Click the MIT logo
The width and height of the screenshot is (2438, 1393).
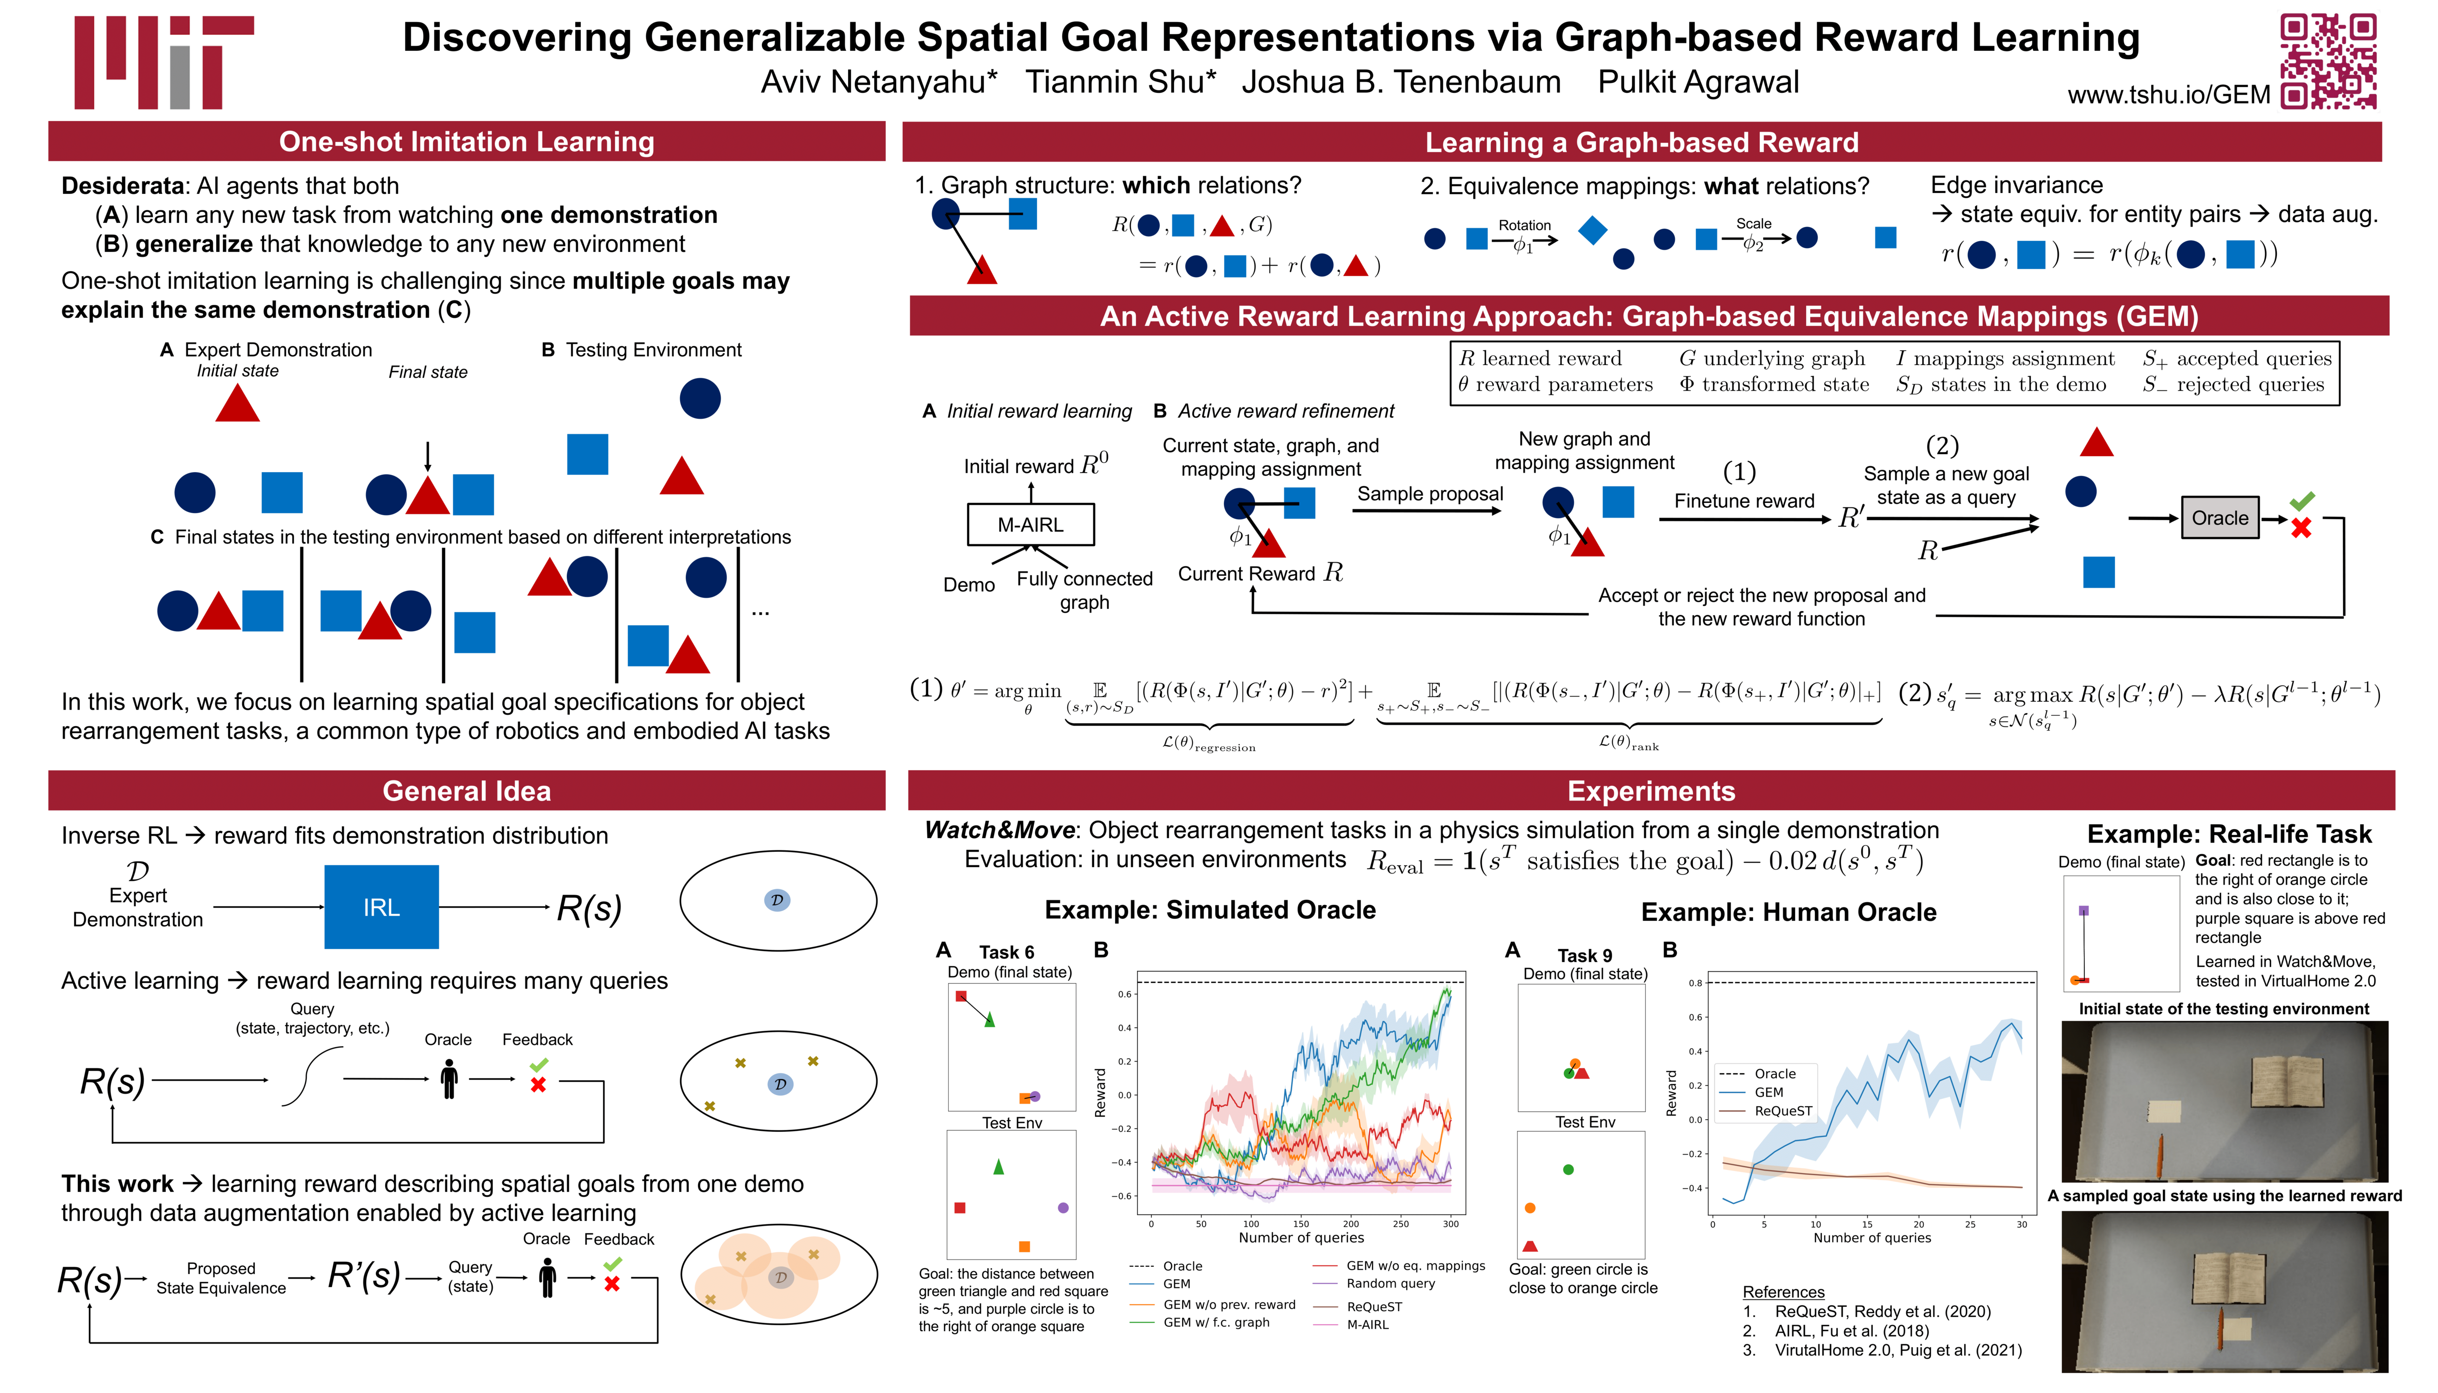tap(163, 62)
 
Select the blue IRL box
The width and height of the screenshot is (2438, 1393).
tap(381, 907)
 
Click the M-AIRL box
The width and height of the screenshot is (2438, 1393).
tap(1030, 524)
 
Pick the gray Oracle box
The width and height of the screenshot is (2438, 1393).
tap(2220, 518)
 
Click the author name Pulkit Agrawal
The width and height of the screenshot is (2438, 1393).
tap(1698, 82)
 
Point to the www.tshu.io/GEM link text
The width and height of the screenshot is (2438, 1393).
tap(2168, 95)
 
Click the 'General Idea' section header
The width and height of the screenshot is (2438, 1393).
tap(467, 791)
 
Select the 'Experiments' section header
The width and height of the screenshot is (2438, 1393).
tap(1650, 791)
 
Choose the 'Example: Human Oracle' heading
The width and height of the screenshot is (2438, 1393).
tap(1788, 912)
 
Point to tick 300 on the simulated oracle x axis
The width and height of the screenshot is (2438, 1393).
tap(1451, 1224)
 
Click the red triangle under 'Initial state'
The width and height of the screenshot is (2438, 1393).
tap(238, 404)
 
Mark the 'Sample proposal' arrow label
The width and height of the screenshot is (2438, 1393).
tap(1429, 494)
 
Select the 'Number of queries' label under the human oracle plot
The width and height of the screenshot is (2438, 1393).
tap(1872, 1238)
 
